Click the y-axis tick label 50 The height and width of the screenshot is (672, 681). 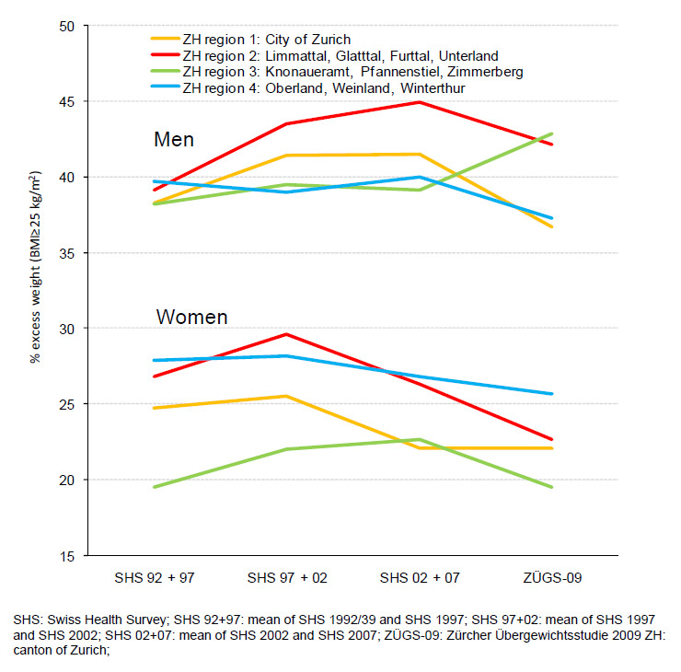pyautogui.click(x=65, y=26)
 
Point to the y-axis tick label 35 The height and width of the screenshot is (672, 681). pyautogui.click(x=65, y=253)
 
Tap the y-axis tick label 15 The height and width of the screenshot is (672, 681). pyautogui.click(x=65, y=556)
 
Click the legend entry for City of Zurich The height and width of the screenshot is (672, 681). pyautogui.click(x=267, y=40)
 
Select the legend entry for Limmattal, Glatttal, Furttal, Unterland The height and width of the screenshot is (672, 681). pyautogui.click(x=340, y=56)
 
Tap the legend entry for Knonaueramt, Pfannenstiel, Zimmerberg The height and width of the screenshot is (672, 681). pyautogui.click(x=353, y=72)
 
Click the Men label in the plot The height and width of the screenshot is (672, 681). pyautogui.click(x=173, y=140)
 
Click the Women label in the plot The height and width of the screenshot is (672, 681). pyautogui.click(x=191, y=318)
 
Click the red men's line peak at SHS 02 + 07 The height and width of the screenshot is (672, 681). pyautogui.click(x=420, y=102)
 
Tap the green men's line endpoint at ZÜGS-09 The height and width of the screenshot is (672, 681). pyautogui.click(x=552, y=133)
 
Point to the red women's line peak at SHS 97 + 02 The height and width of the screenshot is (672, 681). pyautogui.click(x=286, y=334)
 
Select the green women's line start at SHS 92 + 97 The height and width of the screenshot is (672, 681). pyautogui.click(x=154, y=487)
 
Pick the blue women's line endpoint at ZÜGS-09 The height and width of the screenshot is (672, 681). pyautogui.click(x=552, y=394)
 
